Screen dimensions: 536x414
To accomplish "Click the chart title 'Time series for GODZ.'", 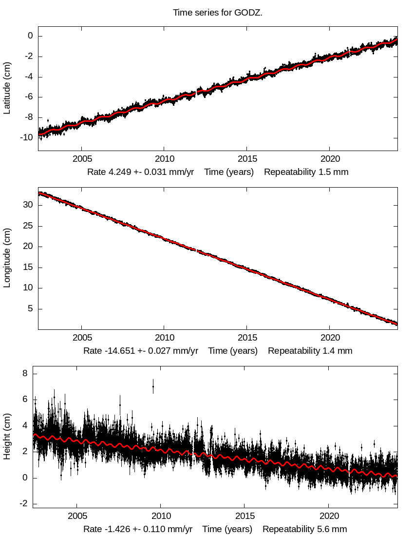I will [x=218, y=13].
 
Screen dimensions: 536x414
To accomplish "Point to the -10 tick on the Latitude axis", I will [x=27, y=137].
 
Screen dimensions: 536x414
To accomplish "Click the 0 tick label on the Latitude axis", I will [x=30, y=36].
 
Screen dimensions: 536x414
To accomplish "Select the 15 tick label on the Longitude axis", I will [x=28, y=267].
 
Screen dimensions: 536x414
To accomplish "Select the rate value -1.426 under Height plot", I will [x=111, y=529].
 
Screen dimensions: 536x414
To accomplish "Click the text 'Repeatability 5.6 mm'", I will [x=305, y=529].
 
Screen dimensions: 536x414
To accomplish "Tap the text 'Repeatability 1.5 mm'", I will [x=306, y=172].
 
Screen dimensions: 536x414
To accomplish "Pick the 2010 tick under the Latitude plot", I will [x=164, y=159].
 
